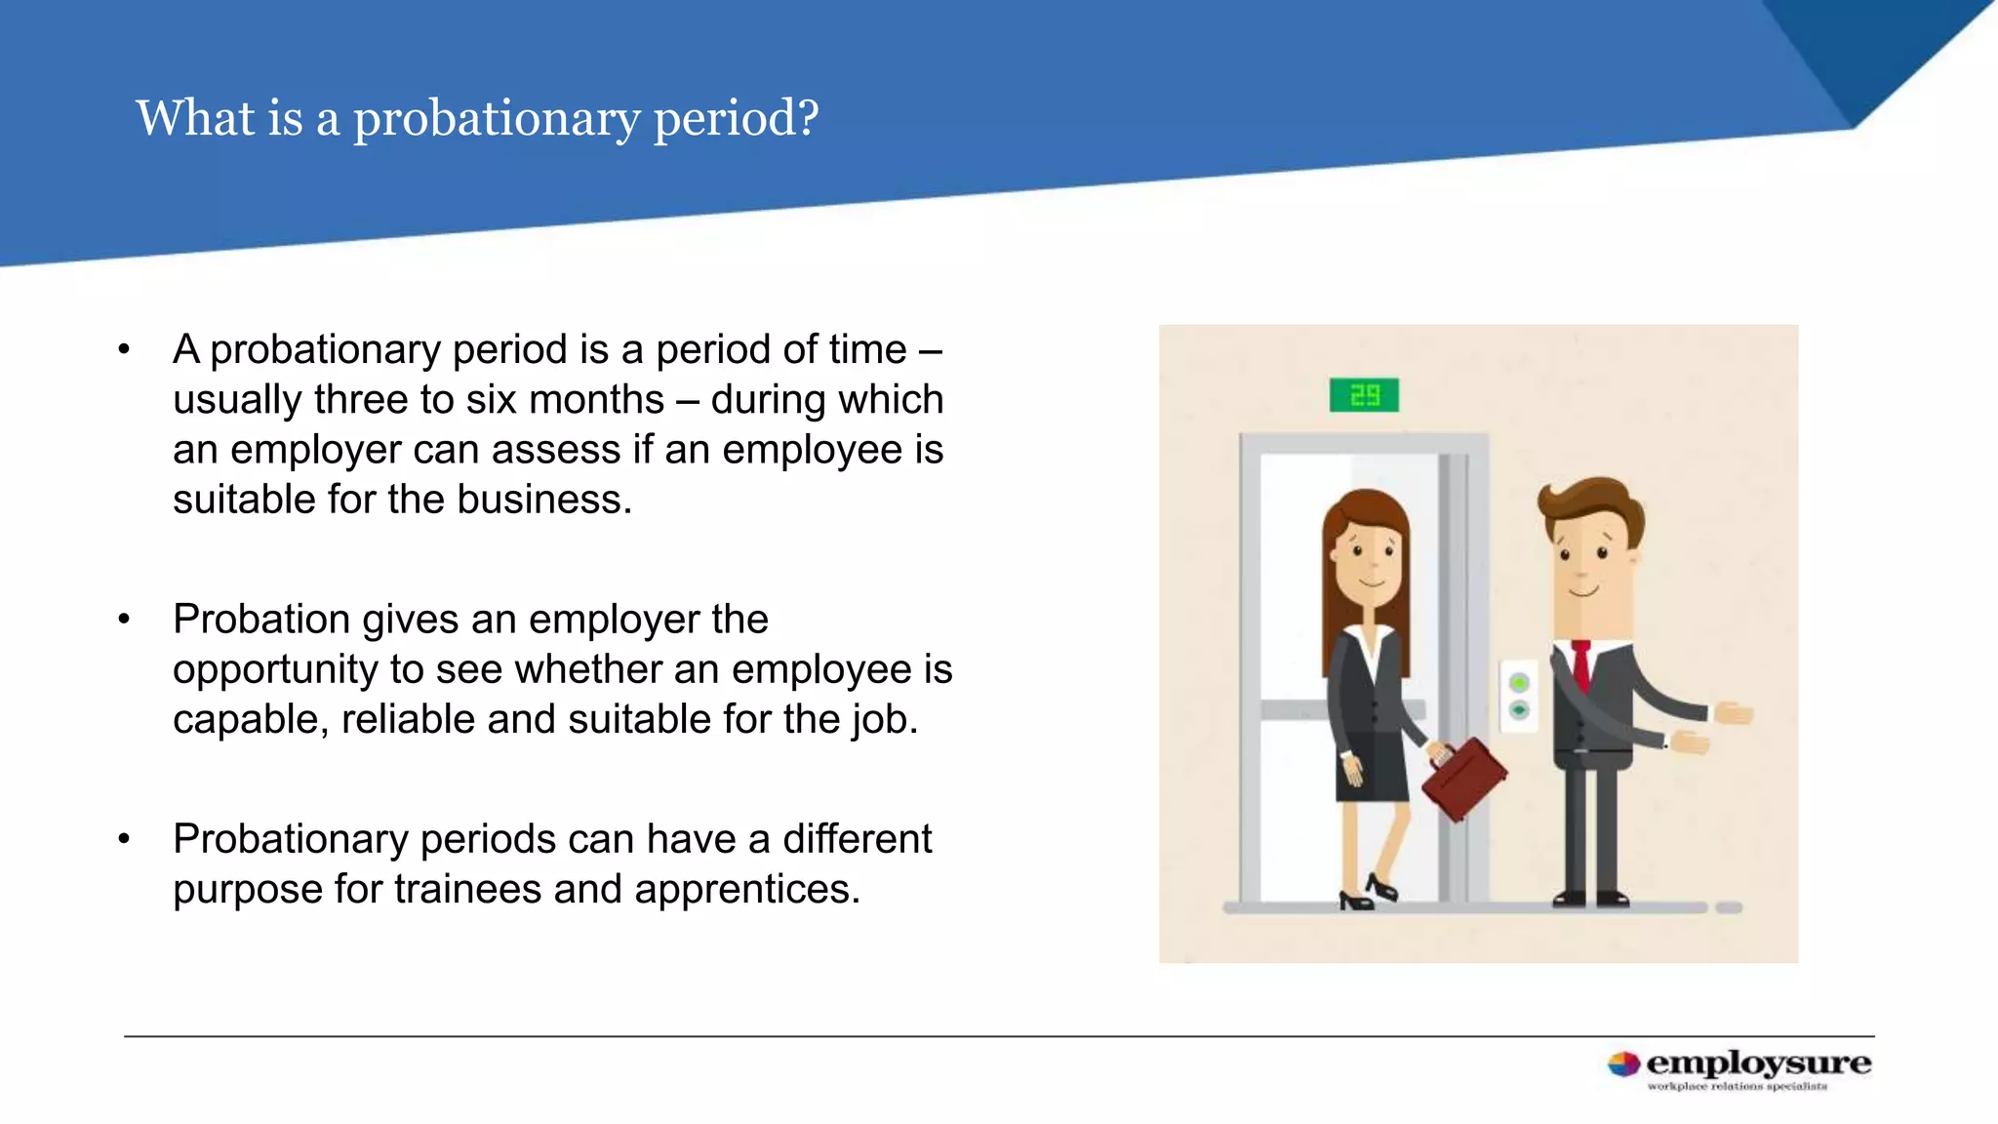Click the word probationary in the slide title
pyautogui.click(x=497, y=119)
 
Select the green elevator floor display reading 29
pyautogui.click(x=1364, y=395)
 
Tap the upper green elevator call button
pyautogui.click(x=1519, y=682)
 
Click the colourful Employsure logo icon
pyautogui.click(x=1623, y=1064)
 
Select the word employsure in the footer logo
pyautogui.click(x=1758, y=1063)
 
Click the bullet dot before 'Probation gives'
pyautogui.click(x=124, y=619)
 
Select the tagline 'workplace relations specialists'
pyautogui.click(x=1737, y=1086)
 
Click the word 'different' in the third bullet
pyautogui.click(x=857, y=839)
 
